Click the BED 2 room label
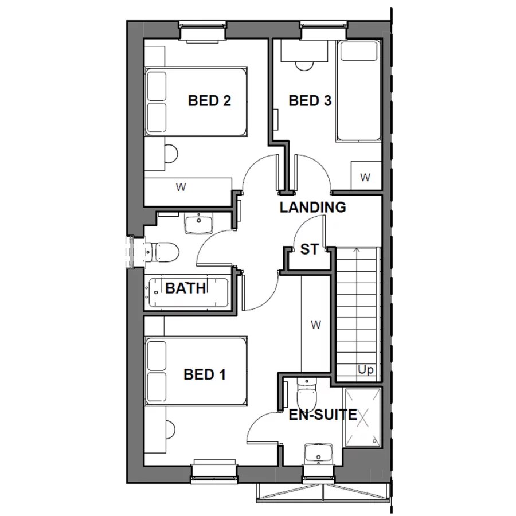click(209, 101)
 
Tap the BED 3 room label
click(310, 101)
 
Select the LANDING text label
click(312, 208)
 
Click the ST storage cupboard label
click(309, 249)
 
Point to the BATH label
click(185, 288)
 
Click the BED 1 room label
click(204, 375)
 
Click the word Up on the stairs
click(365, 370)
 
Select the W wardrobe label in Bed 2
click(182, 187)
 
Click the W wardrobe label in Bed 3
click(365, 178)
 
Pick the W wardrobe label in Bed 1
click(315, 325)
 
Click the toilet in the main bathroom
click(163, 251)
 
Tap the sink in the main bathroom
click(199, 222)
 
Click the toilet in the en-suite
click(307, 394)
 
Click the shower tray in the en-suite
click(362, 417)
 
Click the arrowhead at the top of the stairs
click(357, 250)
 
